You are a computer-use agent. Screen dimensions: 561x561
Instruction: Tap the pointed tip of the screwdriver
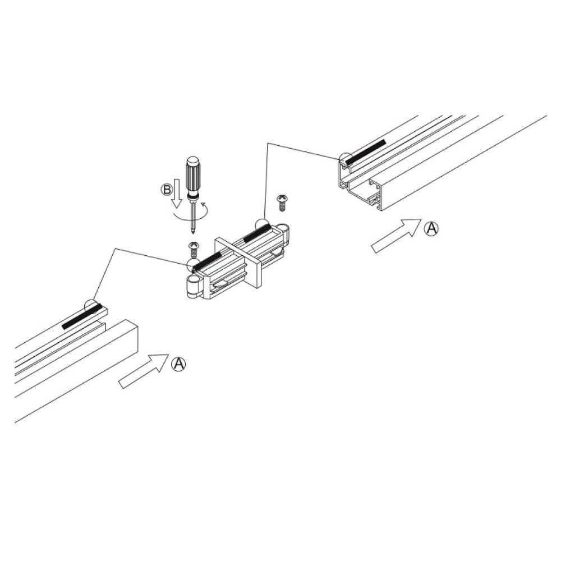(194, 232)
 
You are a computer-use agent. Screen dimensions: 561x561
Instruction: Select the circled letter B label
(167, 190)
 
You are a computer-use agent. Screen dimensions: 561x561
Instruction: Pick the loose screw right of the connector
(282, 202)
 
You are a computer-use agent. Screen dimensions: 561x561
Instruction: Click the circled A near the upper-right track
(430, 228)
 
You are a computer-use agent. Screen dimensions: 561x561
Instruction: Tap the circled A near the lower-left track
(178, 364)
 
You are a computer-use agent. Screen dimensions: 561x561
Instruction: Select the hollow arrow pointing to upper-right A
(396, 236)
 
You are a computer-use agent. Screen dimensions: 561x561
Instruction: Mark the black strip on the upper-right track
(365, 152)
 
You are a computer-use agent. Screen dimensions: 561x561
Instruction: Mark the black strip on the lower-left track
(81, 317)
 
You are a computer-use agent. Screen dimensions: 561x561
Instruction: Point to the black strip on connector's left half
(208, 261)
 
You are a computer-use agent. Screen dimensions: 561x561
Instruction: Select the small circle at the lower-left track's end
(91, 306)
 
